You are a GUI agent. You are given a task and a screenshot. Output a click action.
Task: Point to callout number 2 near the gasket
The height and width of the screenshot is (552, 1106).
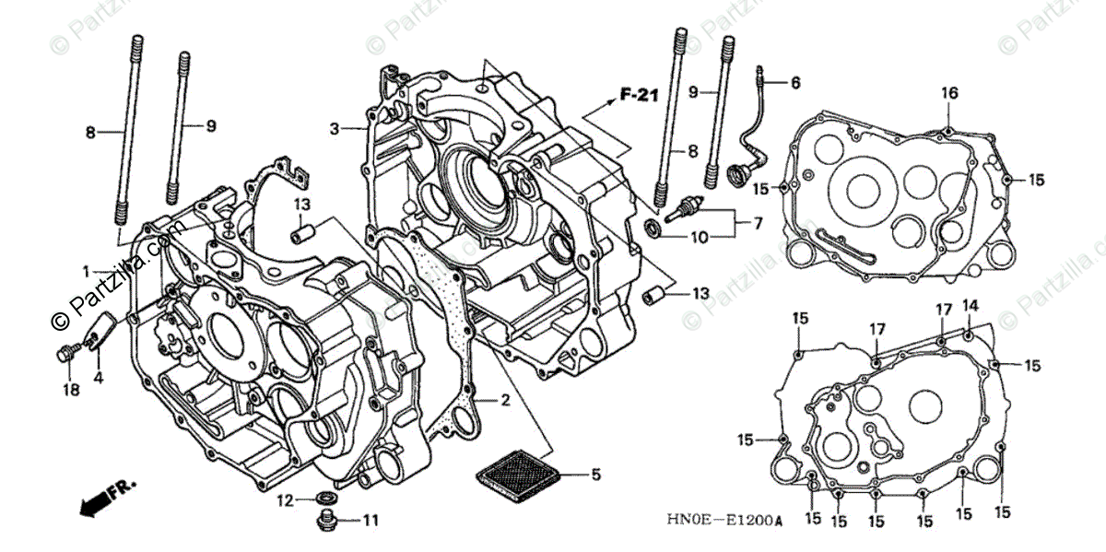504,400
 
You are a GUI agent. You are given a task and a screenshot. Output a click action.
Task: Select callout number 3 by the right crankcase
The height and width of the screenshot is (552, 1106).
335,127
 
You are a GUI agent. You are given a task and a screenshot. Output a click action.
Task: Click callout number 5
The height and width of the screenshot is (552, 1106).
595,476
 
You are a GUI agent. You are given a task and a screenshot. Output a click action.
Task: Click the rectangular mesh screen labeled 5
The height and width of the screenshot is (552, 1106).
518,472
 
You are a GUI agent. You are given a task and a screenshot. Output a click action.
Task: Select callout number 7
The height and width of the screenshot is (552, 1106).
758,222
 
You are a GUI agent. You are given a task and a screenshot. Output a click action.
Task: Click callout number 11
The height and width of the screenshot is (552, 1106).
370,521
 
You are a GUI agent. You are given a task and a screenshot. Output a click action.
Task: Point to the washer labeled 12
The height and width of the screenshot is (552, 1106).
324,499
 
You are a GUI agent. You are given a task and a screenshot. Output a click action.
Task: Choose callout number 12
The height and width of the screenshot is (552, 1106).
287,500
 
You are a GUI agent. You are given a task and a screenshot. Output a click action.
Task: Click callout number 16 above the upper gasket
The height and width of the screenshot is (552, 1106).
949,92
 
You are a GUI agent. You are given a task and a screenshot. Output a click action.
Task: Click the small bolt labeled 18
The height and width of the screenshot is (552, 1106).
69,352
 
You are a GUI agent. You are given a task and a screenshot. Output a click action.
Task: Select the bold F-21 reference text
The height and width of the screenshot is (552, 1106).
638,94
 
